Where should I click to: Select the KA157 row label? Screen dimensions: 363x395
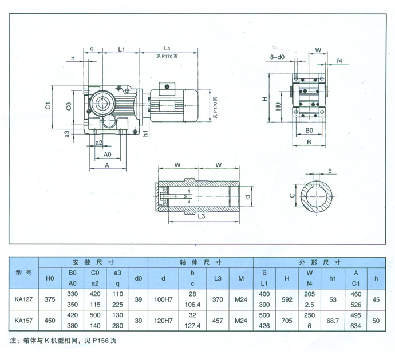22,321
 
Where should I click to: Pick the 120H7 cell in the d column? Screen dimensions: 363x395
164,321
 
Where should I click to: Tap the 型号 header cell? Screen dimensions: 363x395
22,273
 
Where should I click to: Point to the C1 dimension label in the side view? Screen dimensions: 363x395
49,106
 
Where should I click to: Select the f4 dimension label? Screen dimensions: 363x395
339,60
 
